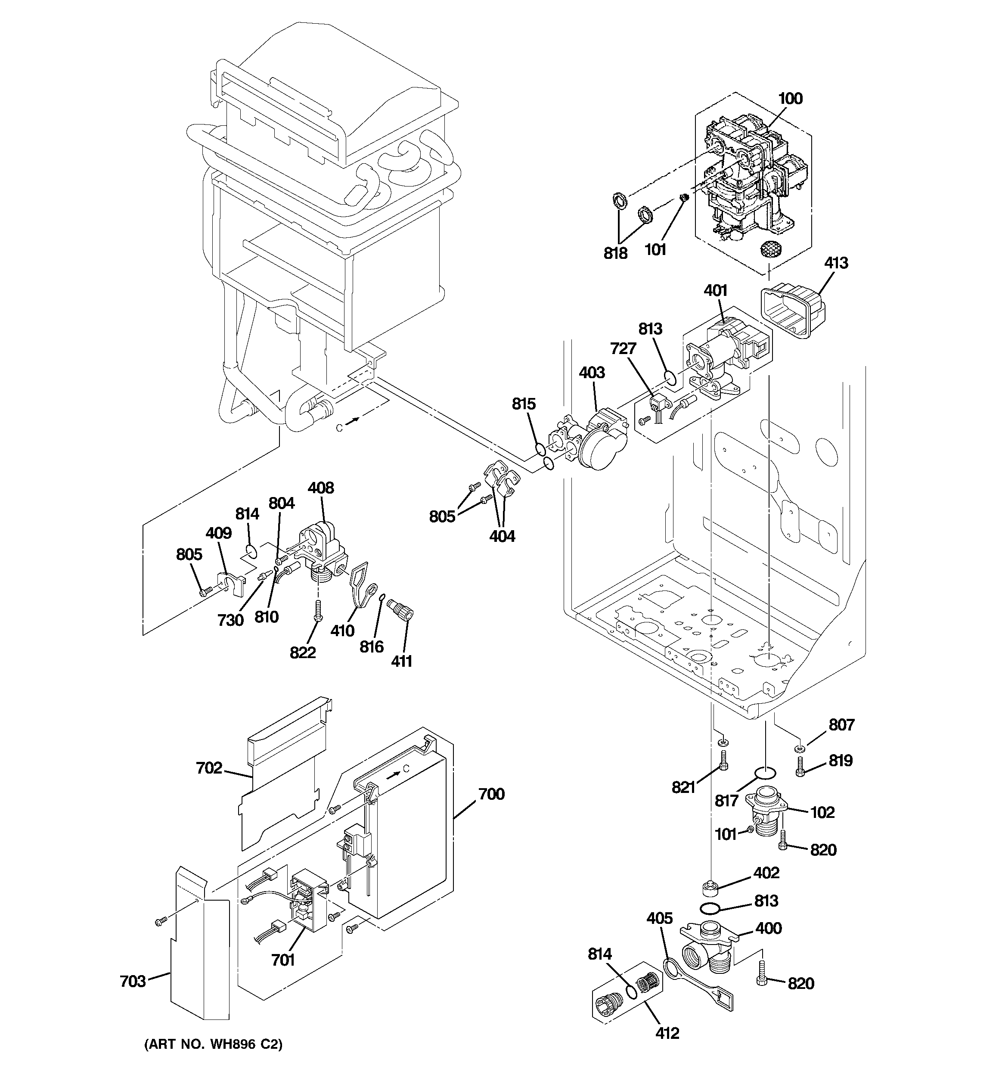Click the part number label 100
(x=790, y=99)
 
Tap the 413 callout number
(x=836, y=263)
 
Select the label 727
(x=623, y=348)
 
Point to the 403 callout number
(x=592, y=372)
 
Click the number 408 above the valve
(x=321, y=488)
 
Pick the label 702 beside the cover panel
(x=208, y=768)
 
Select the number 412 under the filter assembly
(x=667, y=1033)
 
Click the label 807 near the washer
(x=841, y=725)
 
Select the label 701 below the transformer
(x=283, y=960)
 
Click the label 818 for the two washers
(x=615, y=253)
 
